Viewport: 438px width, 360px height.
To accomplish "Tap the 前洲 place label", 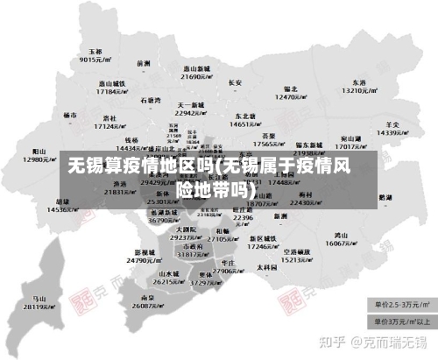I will pyautogui.click(x=145, y=63).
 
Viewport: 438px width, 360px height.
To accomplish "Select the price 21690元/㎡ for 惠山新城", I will pyautogui.click(x=196, y=77).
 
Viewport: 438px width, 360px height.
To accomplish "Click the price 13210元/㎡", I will pyautogui.click(x=358, y=90).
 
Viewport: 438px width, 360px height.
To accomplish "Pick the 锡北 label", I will pyautogui.click(x=291, y=88).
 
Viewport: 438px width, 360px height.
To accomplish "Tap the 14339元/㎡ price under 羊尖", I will pyautogui.click(x=392, y=132).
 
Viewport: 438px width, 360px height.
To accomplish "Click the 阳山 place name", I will pyautogui.click(x=39, y=152).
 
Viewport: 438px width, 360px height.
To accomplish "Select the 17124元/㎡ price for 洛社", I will pyautogui.click(x=110, y=126).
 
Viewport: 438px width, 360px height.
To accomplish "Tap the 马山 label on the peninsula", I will pyautogui.click(x=39, y=299).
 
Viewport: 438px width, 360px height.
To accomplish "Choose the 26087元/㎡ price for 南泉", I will pyautogui.click(x=145, y=307).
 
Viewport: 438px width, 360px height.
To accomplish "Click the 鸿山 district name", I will pyautogui.click(x=342, y=236).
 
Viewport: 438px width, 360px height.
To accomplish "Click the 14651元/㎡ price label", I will pyautogui.click(x=245, y=124).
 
